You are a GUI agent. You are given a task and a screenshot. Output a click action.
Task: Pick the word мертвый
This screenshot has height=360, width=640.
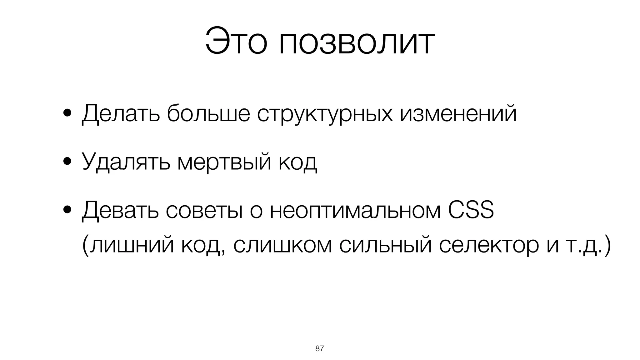(x=224, y=162)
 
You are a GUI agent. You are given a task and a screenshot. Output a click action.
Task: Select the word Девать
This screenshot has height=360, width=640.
(x=120, y=211)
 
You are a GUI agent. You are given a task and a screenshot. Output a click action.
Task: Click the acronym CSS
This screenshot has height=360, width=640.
(x=471, y=210)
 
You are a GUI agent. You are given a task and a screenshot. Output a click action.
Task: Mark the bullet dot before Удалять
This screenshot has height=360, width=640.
(x=67, y=162)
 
